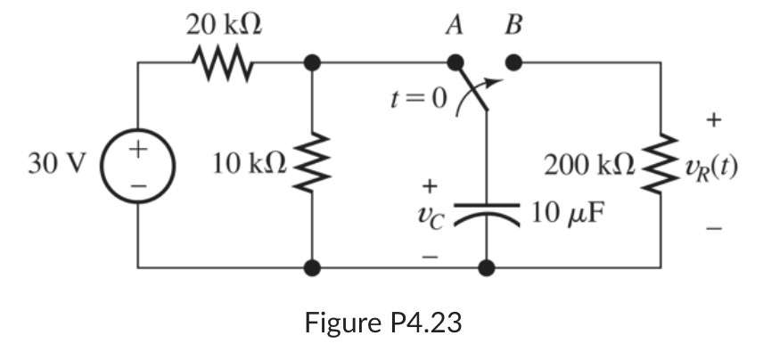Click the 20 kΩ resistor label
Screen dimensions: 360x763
(223, 25)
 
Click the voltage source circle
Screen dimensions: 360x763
(137, 166)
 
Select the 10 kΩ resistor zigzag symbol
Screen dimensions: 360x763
(312, 166)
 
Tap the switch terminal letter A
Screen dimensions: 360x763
(455, 25)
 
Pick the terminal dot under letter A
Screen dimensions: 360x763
(455, 63)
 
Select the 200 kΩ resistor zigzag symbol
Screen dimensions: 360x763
(660, 166)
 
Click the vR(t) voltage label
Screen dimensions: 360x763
(710, 167)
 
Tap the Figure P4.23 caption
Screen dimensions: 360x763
(383, 322)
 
